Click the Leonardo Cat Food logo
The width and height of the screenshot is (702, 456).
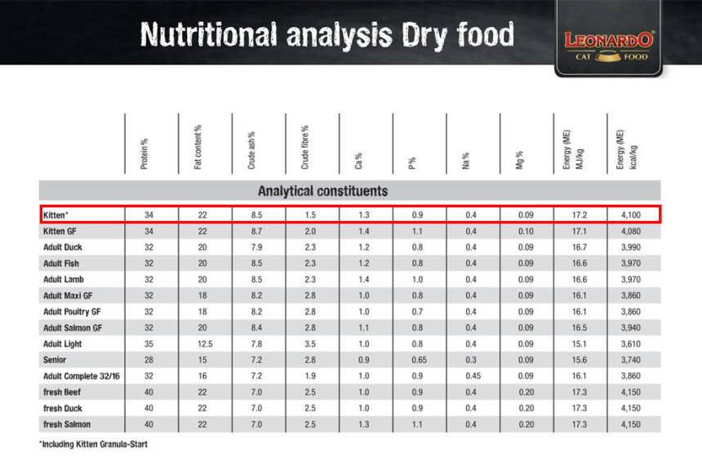pos(608,45)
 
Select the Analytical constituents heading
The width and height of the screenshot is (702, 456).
pos(322,191)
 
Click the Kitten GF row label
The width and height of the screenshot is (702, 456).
pos(60,231)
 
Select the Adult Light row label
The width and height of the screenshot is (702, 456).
pos(63,343)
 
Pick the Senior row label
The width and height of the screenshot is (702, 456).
pos(55,360)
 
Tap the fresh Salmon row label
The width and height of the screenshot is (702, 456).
pos(67,424)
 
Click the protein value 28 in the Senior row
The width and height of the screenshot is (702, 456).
pos(149,360)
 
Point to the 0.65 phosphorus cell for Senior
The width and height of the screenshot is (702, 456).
pos(417,360)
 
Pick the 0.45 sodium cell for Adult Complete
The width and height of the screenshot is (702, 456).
pos(471,376)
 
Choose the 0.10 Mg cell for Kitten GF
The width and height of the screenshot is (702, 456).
pos(525,231)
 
